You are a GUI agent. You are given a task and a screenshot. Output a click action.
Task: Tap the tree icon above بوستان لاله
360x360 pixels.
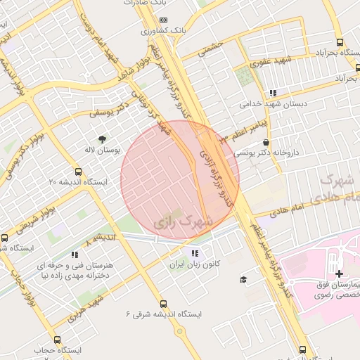(103, 139)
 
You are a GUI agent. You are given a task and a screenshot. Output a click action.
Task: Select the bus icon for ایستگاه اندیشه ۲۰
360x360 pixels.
(78, 170)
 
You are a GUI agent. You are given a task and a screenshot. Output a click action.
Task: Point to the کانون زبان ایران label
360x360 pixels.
(194, 266)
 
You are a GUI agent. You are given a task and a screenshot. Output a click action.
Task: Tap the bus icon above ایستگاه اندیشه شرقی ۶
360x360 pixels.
(163, 304)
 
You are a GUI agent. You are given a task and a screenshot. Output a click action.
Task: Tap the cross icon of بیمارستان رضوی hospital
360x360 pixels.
(339, 274)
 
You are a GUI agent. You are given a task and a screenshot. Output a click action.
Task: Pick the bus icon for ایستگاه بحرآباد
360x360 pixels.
(340, 41)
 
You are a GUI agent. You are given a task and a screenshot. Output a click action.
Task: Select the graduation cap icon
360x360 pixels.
(243, 280)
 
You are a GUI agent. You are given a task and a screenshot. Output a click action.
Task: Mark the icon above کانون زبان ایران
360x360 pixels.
(194, 254)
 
